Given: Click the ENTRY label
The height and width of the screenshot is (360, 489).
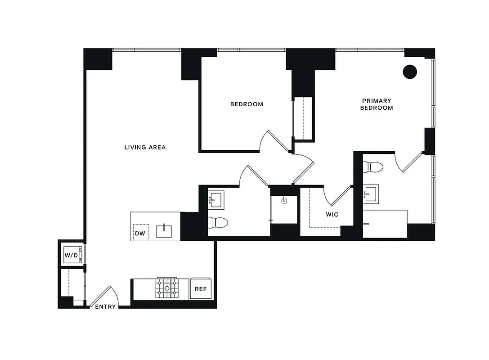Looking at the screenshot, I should click(x=105, y=307).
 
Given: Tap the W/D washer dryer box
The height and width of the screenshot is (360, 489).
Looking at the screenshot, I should click(x=72, y=255).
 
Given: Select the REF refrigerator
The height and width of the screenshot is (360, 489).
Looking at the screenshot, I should click(x=201, y=289).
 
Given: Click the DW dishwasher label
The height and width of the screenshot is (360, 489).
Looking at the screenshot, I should click(x=140, y=234).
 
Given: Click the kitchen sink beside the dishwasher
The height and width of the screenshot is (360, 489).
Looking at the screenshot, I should click(x=164, y=231).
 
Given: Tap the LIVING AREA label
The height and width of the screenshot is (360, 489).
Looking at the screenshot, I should click(x=145, y=147).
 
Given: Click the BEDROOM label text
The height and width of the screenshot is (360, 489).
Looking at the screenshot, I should click(x=247, y=104).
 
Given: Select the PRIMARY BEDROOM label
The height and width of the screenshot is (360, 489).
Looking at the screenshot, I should click(x=377, y=104).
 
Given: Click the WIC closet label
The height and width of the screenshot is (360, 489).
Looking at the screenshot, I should click(x=332, y=215).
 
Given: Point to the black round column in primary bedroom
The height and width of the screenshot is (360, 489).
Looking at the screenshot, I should click(x=409, y=71).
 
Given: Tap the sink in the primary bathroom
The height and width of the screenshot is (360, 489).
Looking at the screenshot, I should click(x=372, y=194).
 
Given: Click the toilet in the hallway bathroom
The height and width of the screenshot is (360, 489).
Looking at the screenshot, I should click(x=219, y=221).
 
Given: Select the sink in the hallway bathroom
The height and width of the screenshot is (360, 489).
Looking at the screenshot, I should click(x=216, y=198).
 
